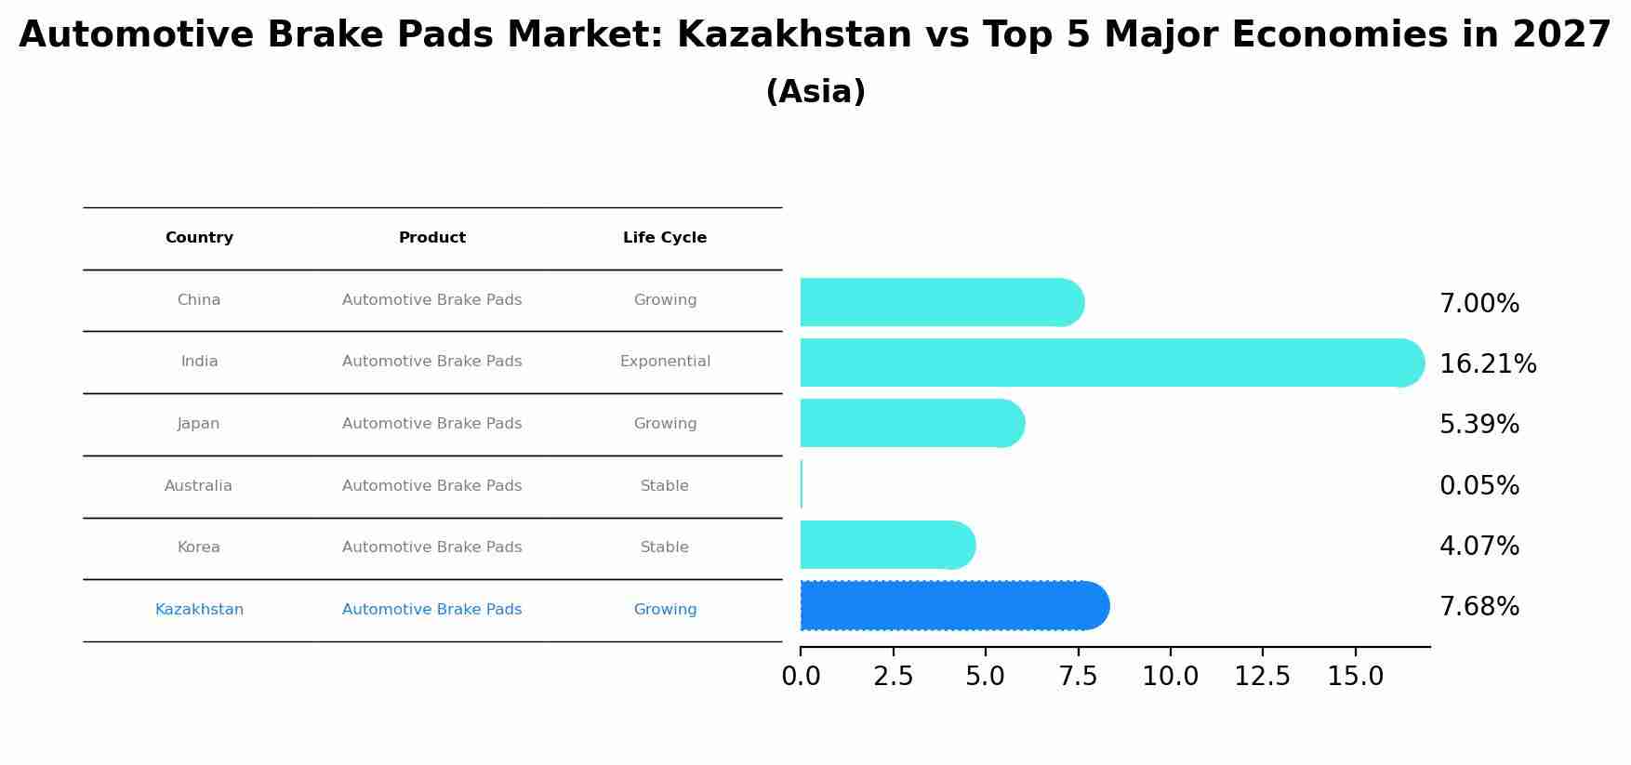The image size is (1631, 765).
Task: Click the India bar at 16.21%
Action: tap(1111, 363)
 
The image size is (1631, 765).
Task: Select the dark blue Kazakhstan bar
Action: tap(954, 606)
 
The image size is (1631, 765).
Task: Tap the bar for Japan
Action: tap(911, 423)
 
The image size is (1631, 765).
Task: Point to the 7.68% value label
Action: tap(1479, 607)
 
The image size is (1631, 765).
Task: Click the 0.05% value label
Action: tap(1479, 486)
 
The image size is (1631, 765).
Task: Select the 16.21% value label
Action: tap(1487, 364)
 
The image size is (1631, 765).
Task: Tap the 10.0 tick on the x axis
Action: tap(1170, 677)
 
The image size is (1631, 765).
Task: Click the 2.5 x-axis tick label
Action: tap(893, 677)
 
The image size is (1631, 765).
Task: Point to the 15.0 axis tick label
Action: tap(1355, 677)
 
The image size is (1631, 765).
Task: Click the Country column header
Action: tap(199, 238)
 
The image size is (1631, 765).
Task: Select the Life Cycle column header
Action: tap(665, 238)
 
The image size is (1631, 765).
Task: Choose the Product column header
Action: tap(432, 238)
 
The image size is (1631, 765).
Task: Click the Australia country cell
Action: tap(198, 486)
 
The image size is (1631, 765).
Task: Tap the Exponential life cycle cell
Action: tap(665, 362)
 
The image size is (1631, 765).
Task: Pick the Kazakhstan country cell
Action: tap(199, 610)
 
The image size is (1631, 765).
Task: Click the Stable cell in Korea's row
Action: tap(665, 547)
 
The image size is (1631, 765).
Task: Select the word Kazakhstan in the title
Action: tap(794, 35)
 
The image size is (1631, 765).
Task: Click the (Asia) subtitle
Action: tap(815, 92)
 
